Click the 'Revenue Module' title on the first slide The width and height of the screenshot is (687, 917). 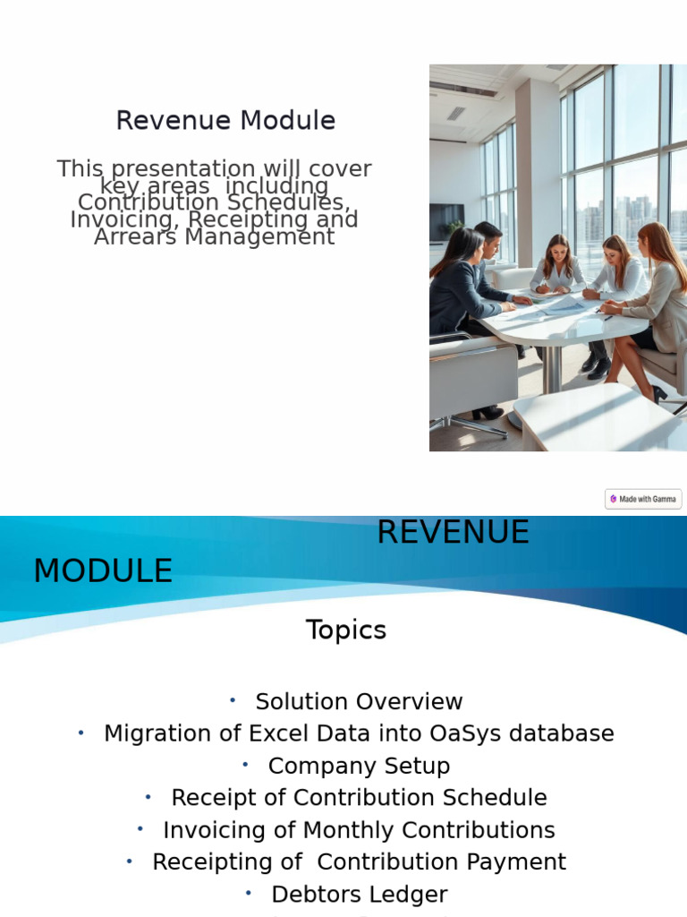225,121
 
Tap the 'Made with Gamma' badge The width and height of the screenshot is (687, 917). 643,499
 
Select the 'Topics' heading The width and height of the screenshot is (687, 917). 346,630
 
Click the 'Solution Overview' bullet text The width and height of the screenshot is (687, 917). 359,701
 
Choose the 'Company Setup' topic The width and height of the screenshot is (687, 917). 359,766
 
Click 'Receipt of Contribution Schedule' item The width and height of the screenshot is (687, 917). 359,798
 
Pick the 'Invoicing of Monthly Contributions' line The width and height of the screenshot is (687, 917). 359,830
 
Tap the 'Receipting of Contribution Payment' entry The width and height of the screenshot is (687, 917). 359,862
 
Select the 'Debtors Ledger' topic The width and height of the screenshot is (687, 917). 359,895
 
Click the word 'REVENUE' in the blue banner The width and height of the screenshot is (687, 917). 453,533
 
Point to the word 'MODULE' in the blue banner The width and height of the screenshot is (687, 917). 103,571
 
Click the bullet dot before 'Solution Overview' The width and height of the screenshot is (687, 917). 233,700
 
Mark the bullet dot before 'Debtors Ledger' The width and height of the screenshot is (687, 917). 249,894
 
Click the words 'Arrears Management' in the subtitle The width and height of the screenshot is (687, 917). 215,237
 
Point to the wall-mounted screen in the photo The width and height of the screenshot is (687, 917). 445,222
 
